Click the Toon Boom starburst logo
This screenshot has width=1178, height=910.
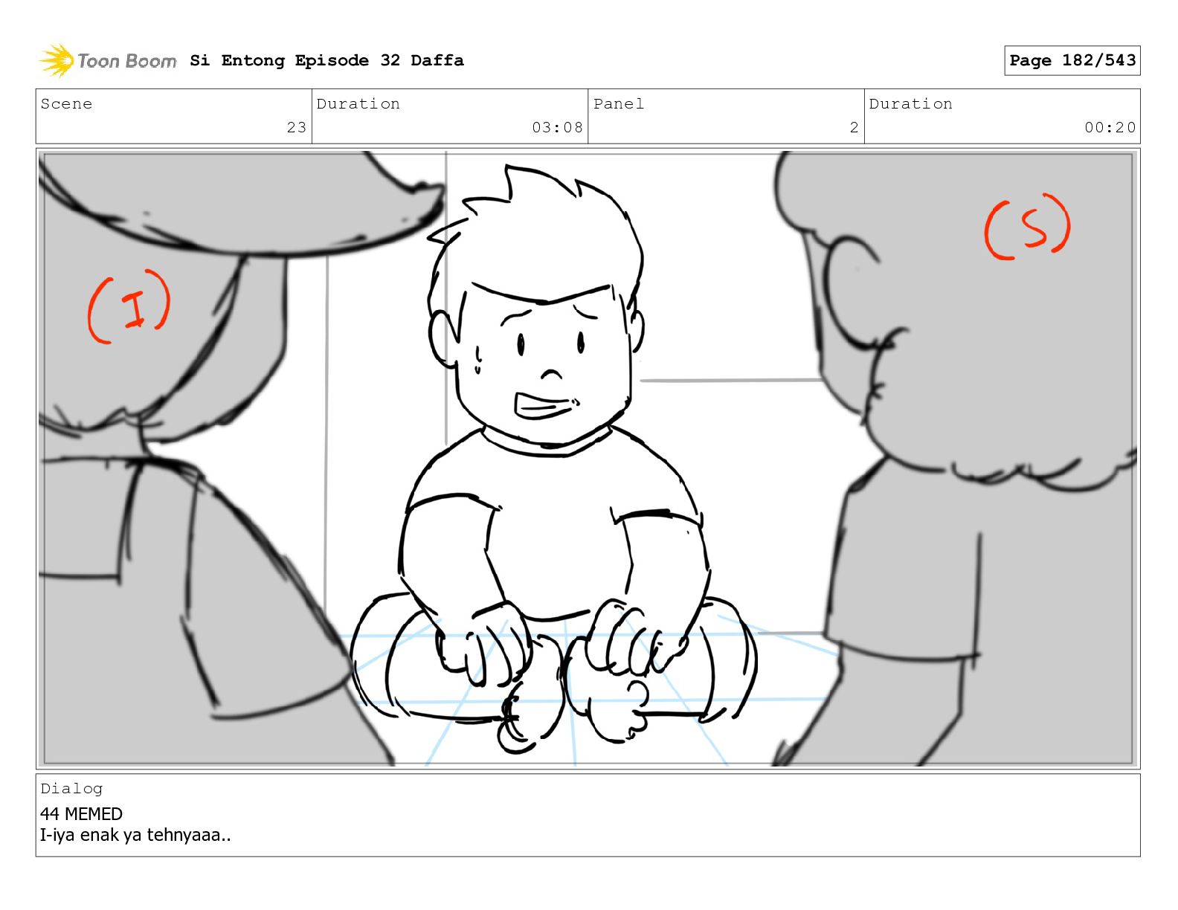point(57,60)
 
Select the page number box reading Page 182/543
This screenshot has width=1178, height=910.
point(1072,60)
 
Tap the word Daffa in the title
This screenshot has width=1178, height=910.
point(437,60)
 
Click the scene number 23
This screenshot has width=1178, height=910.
point(297,127)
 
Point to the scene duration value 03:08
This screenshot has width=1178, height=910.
point(557,127)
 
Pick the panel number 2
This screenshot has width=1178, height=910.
point(854,127)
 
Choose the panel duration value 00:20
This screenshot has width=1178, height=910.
point(1110,127)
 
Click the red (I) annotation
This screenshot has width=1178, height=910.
point(129,306)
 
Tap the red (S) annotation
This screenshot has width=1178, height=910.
point(1027,226)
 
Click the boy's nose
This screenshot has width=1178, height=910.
point(551,373)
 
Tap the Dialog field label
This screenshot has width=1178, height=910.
point(71,789)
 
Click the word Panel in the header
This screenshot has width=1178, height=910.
point(619,103)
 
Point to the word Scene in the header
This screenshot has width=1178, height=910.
point(66,103)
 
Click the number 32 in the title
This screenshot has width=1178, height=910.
point(390,60)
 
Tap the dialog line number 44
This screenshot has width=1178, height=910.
point(49,813)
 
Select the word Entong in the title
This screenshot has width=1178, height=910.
point(253,61)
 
